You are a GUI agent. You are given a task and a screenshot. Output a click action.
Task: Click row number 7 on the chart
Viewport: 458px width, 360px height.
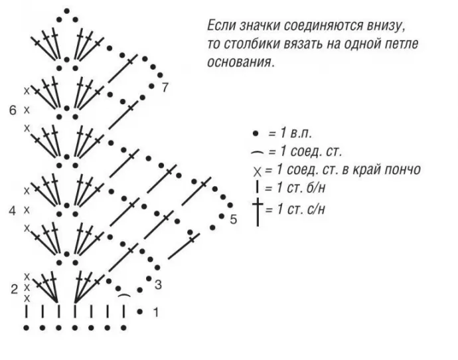pyautogui.click(x=165, y=88)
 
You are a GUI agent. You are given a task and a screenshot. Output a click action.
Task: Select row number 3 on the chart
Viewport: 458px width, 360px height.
pyautogui.click(x=158, y=286)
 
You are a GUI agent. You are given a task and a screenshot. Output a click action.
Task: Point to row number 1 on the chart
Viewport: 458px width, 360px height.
pyautogui.click(x=155, y=312)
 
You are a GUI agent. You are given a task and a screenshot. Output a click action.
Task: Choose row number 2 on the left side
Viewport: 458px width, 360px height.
pyautogui.click(x=13, y=288)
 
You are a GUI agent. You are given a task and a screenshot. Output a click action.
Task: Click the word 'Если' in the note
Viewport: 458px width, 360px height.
pyautogui.click(x=222, y=27)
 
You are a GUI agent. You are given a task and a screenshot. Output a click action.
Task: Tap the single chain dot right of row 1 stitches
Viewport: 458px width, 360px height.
pyautogui.click(x=140, y=312)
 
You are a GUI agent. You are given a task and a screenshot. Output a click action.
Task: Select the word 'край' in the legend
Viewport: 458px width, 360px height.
pyautogui.click(x=358, y=170)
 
